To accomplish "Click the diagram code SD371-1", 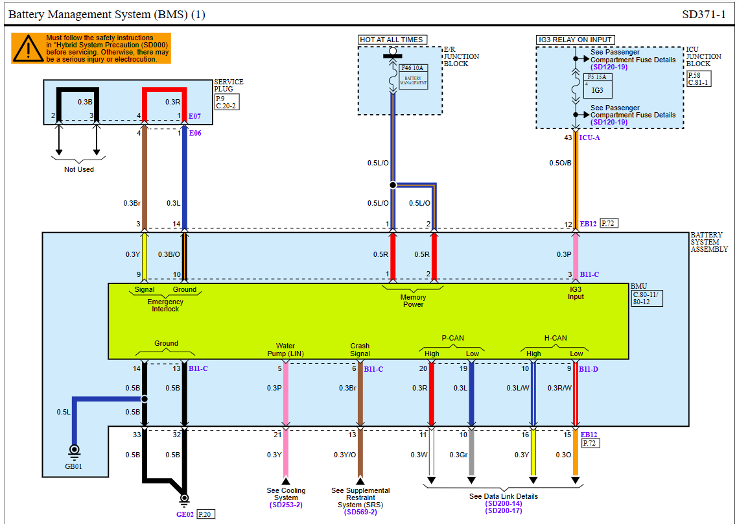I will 704,14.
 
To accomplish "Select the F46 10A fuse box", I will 414,75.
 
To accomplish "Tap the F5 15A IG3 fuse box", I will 597,85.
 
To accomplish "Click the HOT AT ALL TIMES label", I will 392,40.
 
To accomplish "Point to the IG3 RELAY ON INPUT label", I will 576,40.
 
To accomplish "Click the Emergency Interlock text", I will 165,305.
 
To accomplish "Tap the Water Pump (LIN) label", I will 285,350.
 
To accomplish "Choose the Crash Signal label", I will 360,350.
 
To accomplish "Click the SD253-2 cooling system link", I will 286,504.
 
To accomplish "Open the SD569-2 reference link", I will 360,512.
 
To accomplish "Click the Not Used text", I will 78,169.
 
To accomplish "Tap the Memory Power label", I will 413,300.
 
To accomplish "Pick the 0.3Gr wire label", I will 458,455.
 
